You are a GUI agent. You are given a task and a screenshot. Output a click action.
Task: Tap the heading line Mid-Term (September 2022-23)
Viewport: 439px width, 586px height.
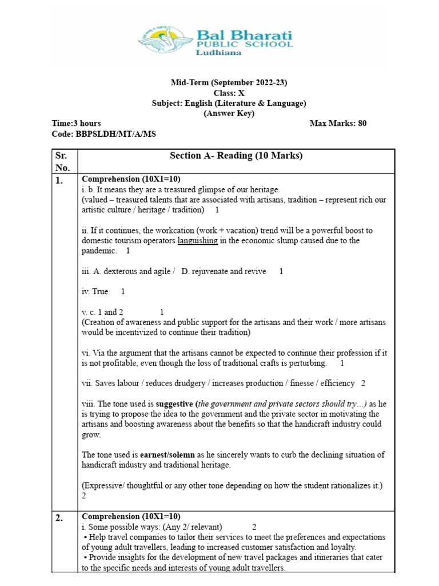(229, 82)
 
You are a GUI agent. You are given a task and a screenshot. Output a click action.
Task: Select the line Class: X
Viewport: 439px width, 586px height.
(229, 93)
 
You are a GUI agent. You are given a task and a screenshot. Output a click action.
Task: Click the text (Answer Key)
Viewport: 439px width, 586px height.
(229, 113)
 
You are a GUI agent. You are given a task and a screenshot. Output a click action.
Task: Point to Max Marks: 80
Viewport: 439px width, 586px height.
(338, 124)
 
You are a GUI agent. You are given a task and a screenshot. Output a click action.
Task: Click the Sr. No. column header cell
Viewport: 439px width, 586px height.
(63, 161)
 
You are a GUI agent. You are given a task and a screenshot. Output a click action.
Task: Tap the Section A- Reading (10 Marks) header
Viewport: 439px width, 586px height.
(236, 156)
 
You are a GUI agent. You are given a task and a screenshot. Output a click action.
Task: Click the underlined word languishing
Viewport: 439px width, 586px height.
(197, 241)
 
